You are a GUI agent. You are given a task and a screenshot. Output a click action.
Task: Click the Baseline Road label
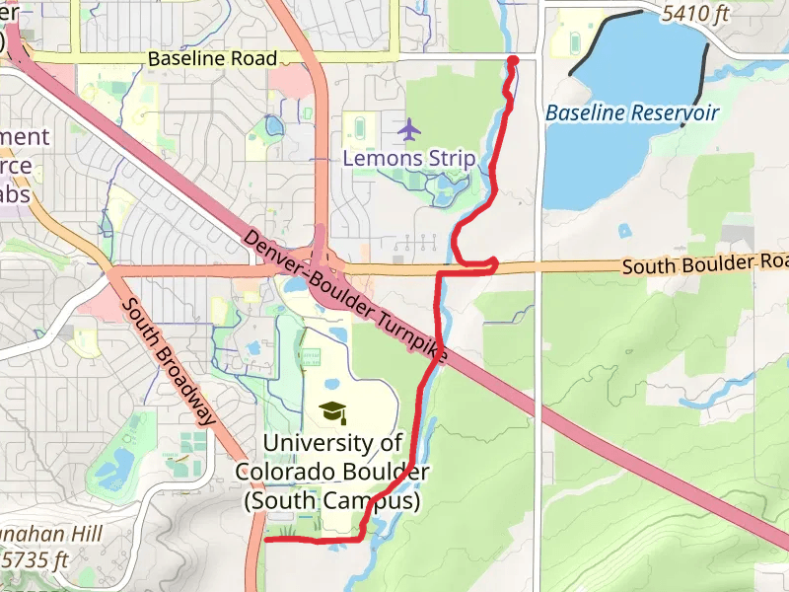[x=212, y=59]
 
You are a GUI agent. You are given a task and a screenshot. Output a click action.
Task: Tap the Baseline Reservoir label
[x=632, y=112]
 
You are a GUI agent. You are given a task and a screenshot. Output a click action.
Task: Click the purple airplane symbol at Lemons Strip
[x=408, y=129]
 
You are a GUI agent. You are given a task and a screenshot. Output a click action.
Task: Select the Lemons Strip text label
[x=408, y=158]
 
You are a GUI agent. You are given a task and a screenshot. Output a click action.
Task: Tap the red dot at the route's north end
[x=513, y=61]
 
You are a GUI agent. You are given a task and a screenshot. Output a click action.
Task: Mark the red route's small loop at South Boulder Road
[x=490, y=263]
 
